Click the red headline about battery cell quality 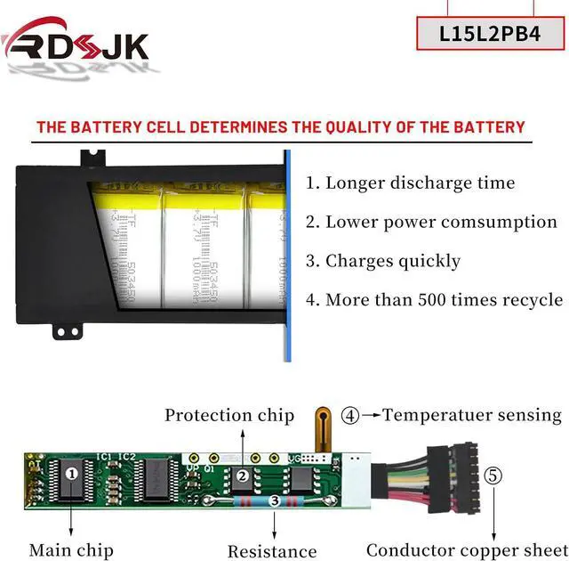pos(281,127)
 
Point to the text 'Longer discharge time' pos(410,183)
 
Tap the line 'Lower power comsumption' pos(431,223)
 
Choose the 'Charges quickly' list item pos(383,261)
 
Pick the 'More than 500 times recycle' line pos(434,300)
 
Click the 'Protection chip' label pos(229,415)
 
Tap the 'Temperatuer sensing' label pos(472,415)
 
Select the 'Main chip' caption pos(71,550)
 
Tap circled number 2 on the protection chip pos(242,476)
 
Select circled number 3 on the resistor pos(276,502)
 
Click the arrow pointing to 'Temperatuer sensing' pos(371,415)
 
